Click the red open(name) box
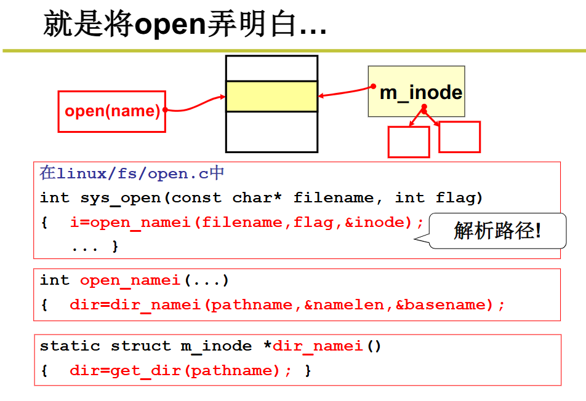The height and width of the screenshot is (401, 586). (x=112, y=111)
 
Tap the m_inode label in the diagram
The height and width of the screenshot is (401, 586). (x=421, y=92)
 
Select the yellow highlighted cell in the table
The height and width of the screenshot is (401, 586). (x=271, y=97)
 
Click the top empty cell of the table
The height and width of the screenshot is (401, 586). (x=271, y=68)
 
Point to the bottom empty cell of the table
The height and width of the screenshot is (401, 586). (x=271, y=132)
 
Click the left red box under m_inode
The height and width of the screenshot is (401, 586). (x=408, y=142)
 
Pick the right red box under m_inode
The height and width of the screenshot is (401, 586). (x=459, y=137)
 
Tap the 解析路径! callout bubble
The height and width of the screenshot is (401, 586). (x=497, y=231)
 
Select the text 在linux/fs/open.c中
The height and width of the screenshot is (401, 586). (x=132, y=173)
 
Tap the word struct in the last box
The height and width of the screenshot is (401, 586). (x=140, y=346)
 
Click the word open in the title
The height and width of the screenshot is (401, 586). (x=169, y=25)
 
